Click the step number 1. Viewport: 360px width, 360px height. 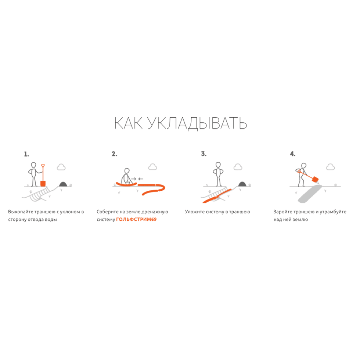(26, 154)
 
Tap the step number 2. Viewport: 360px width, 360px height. (114, 154)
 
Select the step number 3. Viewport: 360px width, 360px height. (204, 154)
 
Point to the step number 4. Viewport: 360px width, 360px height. (292, 154)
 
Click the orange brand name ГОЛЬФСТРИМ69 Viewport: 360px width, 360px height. (136, 219)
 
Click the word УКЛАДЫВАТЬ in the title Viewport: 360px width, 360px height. (197, 123)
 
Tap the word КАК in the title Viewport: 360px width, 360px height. (129, 123)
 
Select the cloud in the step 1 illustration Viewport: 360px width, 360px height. (61, 167)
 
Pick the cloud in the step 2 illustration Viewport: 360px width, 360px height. (153, 167)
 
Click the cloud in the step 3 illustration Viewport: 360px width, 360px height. (238, 167)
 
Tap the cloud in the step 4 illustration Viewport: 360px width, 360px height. (330, 167)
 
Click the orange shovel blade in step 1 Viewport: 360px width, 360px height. (43, 184)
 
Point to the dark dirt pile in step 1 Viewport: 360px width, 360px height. (63, 184)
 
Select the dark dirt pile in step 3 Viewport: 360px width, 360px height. (242, 184)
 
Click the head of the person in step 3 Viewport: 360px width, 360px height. (218, 165)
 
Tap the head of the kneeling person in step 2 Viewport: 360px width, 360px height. (127, 171)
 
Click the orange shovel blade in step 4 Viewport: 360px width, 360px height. (315, 179)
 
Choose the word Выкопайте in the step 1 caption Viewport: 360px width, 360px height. (21, 212)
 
